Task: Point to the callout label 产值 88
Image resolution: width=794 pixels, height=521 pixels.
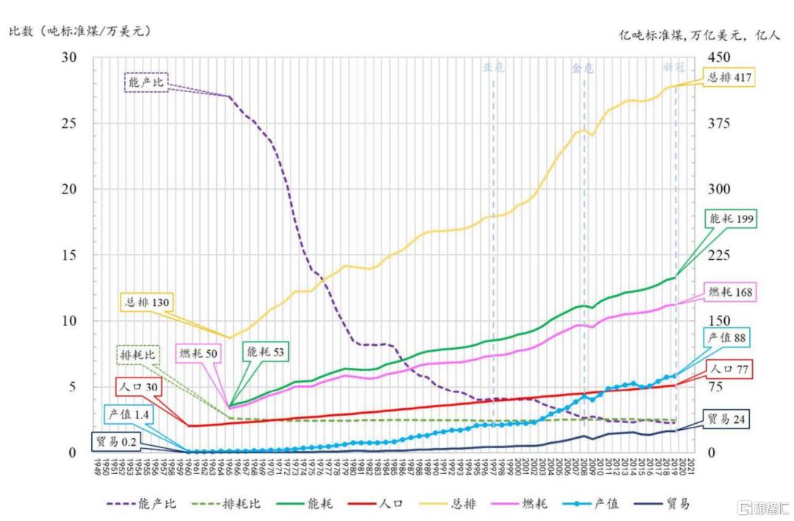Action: pyautogui.click(x=727, y=338)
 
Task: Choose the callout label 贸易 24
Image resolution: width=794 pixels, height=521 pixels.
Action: pyautogui.click(x=728, y=420)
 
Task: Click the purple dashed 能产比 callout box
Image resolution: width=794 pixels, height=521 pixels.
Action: pyautogui.click(x=146, y=82)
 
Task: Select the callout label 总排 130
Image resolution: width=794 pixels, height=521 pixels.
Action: pyautogui.click(x=147, y=302)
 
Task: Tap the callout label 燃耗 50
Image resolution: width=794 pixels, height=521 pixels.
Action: pyautogui.click(x=199, y=352)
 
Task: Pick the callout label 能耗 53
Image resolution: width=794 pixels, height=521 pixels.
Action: pyautogui.click(x=266, y=351)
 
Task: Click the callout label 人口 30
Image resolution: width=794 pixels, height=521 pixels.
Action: pyautogui.click(x=138, y=388)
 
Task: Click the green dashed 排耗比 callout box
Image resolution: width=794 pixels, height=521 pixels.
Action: pyautogui.click(x=137, y=355)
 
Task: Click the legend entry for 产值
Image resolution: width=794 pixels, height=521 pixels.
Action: pyautogui.click(x=595, y=504)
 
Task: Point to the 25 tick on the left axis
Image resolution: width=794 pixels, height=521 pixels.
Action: pyautogui.click(x=67, y=123)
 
